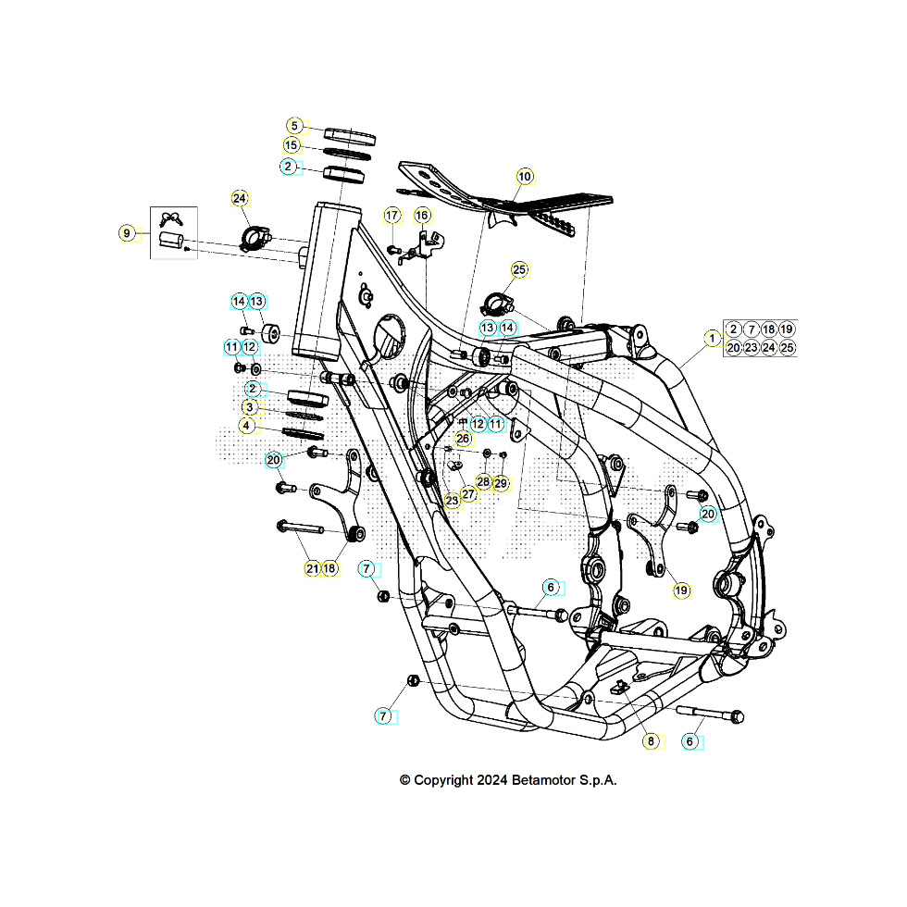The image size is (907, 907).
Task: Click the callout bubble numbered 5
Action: pos(293,126)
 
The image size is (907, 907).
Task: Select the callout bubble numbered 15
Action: pos(292,145)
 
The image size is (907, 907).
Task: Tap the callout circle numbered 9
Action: pos(128,232)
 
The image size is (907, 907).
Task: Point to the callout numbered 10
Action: pos(525,176)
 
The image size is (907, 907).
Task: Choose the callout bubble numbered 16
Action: pos(422,216)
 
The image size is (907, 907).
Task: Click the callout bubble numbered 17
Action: pos(391,216)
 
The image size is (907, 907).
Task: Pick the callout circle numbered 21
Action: pos(312,568)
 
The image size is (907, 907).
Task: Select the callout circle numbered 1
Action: pos(711,339)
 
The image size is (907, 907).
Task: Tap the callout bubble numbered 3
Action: pos(250,407)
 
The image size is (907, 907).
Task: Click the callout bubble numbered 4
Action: pos(246,426)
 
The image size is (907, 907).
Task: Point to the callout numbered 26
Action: pos(463,438)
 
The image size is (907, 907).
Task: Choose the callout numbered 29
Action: pos(501,483)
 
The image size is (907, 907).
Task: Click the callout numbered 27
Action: pos(469,493)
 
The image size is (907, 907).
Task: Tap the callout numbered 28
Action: pos(483,482)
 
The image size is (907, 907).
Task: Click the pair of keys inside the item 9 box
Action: pos(171,218)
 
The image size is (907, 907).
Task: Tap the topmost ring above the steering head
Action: pos(350,136)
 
